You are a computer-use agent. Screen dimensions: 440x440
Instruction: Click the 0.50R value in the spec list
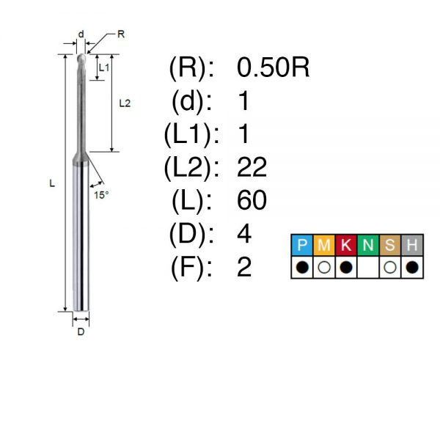(x=273, y=67)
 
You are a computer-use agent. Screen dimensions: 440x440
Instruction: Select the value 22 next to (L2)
(x=252, y=167)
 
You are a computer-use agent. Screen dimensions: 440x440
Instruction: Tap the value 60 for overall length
(x=252, y=200)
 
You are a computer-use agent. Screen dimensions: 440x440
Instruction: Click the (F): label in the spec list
(x=191, y=268)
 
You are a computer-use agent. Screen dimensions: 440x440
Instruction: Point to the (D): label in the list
(x=191, y=234)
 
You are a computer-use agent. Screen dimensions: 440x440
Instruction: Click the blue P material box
(x=302, y=245)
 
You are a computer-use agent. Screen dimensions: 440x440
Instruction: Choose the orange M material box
(x=324, y=245)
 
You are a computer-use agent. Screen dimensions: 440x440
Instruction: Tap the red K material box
(x=346, y=245)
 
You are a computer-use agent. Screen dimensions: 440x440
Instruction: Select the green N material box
(x=368, y=245)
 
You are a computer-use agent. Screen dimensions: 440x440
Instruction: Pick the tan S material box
(x=390, y=245)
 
